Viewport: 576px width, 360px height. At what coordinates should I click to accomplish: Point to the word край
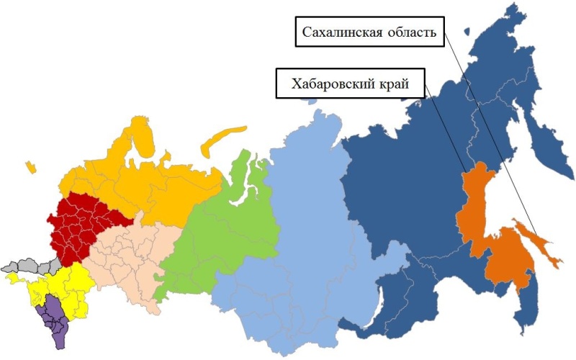click(x=391, y=83)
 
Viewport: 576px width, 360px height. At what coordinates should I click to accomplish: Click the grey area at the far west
click(x=22, y=264)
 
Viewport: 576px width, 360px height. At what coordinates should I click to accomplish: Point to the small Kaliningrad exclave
click(x=30, y=167)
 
